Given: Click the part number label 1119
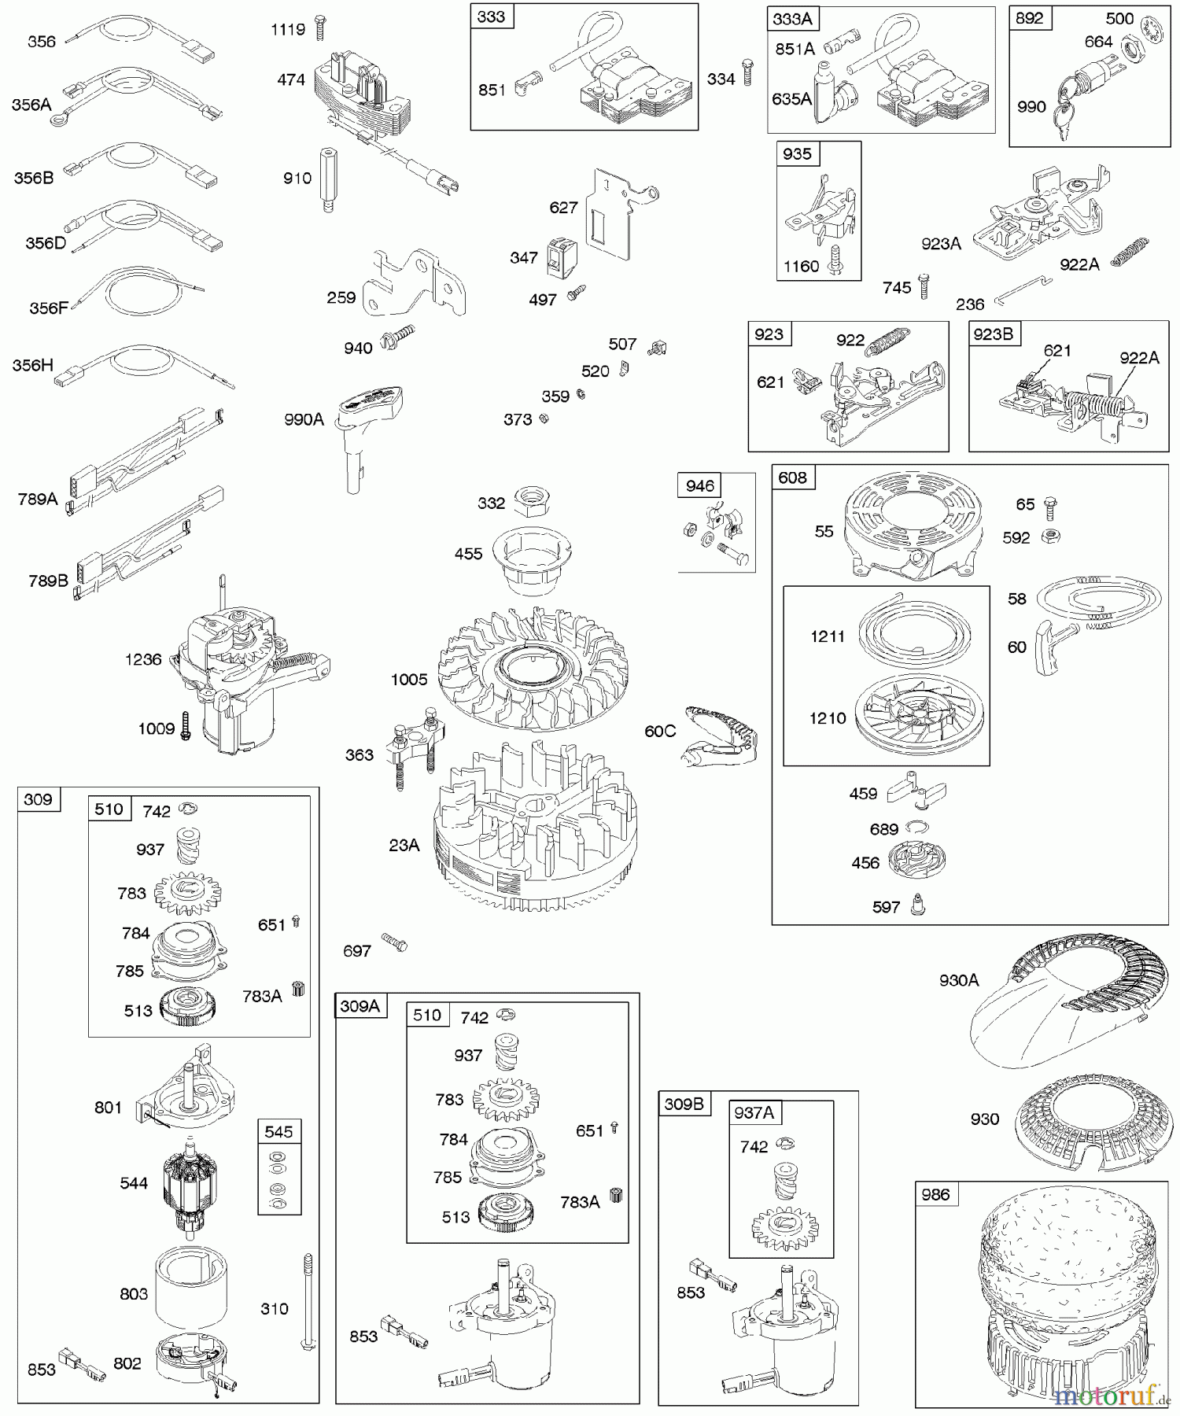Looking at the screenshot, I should tap(287, 30).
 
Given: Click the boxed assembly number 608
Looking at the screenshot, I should tap(792, 478).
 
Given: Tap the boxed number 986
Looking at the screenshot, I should tap(936, 1194).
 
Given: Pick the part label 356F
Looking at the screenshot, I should tap(49, 308).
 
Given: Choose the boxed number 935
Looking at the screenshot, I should tap(797, 153).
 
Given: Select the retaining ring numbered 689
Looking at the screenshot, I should tap(916, 827).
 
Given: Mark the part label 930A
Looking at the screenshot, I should tap(958, 980).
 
